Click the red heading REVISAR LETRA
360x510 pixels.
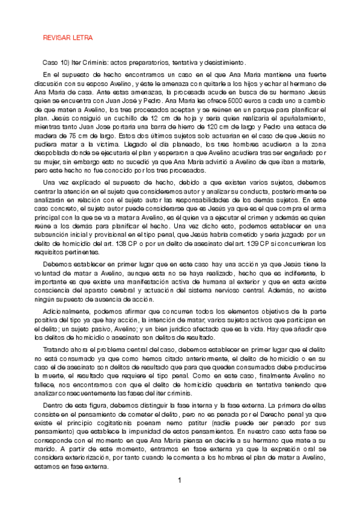tap(67, 37)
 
